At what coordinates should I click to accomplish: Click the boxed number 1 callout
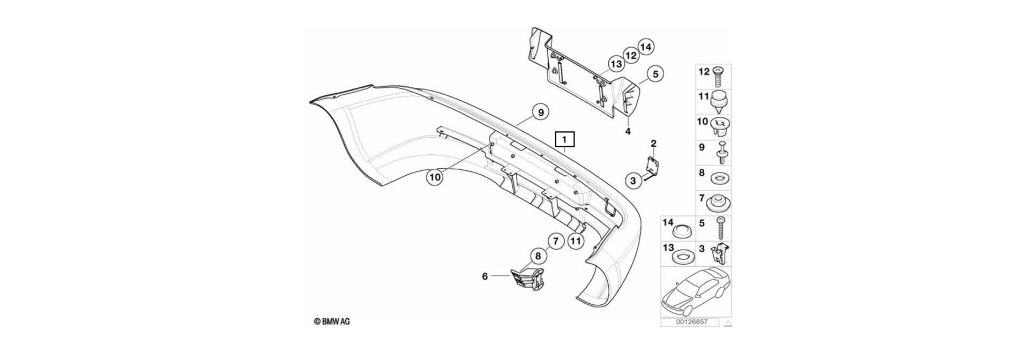[x=565, y=140]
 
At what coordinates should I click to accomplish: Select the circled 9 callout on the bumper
[x=541, y=112]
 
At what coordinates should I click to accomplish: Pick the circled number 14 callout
[x=646, y=48]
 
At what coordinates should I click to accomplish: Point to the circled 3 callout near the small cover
[x=633, y=181]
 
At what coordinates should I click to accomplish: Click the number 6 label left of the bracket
[x=485, y=276]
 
